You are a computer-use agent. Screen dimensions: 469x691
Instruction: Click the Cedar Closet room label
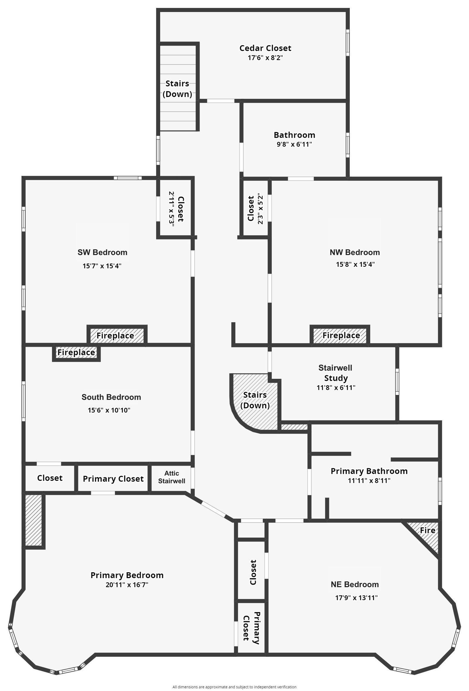[265, 48]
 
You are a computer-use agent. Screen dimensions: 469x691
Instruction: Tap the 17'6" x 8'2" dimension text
[265, 58]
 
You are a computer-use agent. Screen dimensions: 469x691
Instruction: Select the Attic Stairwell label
[171, 477]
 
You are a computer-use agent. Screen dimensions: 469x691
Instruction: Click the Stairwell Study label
[335, 373]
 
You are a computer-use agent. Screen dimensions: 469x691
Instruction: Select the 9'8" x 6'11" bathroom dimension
[294, 145]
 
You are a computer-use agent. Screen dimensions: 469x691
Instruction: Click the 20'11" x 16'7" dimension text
[127, 585]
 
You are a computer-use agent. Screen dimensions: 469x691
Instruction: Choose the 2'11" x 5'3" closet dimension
[171, 209]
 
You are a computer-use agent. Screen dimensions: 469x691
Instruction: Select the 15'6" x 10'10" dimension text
[109, 410]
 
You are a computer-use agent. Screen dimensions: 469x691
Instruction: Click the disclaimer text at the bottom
[234, 687]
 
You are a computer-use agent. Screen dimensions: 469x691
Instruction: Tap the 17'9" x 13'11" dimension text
[356, 598]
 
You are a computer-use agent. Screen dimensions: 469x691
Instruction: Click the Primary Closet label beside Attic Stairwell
[113, 479]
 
